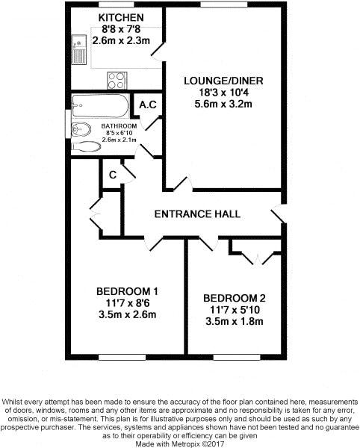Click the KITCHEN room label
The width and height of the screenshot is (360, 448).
121,17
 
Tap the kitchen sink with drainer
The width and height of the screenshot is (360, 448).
78,50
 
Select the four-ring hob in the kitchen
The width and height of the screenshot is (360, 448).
117,81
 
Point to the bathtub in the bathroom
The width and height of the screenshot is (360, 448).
100,106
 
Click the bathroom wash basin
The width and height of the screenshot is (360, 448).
81,129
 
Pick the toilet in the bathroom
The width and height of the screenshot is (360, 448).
86,146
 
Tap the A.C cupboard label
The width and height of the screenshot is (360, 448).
148,105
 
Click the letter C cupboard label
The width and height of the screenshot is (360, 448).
113,175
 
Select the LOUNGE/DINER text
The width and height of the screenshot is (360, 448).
223,81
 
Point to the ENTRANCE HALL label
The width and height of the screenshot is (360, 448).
197,214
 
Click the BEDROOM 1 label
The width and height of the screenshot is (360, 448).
127,291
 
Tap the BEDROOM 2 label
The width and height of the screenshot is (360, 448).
235,298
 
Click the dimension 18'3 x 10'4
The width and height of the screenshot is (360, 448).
223,93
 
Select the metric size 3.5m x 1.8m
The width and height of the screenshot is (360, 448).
235,321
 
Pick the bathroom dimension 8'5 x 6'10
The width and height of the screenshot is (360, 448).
120,133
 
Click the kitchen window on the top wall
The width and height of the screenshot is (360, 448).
117,4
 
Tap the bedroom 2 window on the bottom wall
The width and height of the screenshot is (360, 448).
237,357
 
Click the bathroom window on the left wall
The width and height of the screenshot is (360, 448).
68,124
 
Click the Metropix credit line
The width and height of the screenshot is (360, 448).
180,444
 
